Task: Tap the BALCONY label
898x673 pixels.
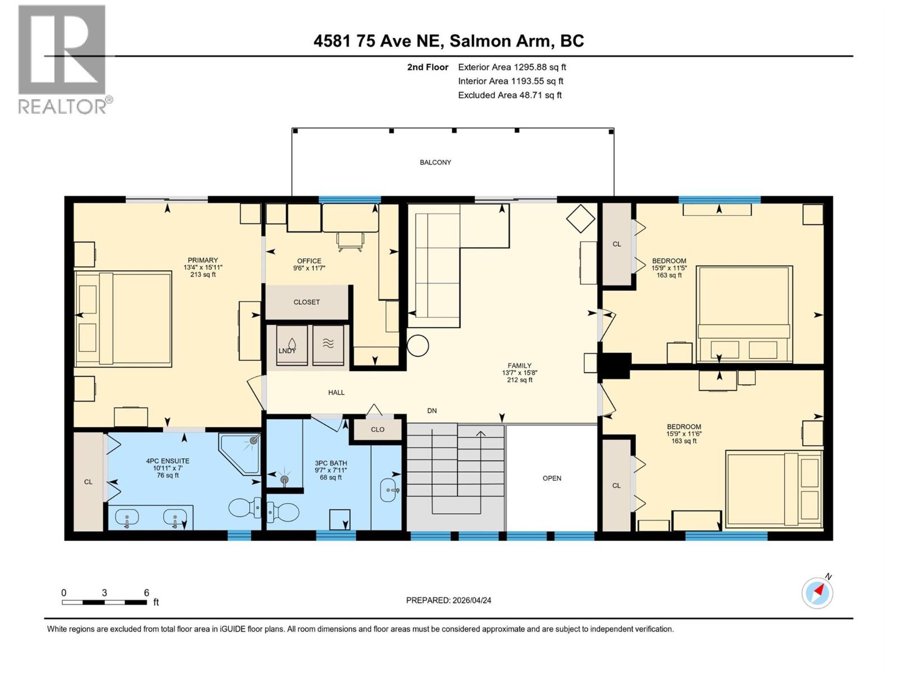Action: click(435, 163)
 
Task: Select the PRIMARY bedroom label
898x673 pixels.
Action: click(203, 260)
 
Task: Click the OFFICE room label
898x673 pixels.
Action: click(309, 261)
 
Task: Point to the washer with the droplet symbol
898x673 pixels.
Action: click(292, 345)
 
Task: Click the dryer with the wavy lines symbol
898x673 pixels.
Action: click(328, 345)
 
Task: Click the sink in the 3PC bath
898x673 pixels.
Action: click(390, 490)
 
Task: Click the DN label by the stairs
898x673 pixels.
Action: click(432, 411)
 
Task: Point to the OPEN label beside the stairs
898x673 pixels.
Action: click(552, 478)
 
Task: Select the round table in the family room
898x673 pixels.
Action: click(418, 346)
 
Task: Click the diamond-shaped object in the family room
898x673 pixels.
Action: click(580, 218)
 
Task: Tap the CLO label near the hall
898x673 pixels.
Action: click(378, 430)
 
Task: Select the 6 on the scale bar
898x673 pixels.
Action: click(146, 593)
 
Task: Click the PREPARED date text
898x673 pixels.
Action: click(448, 600)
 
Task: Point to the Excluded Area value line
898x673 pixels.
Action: click(510, 95)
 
